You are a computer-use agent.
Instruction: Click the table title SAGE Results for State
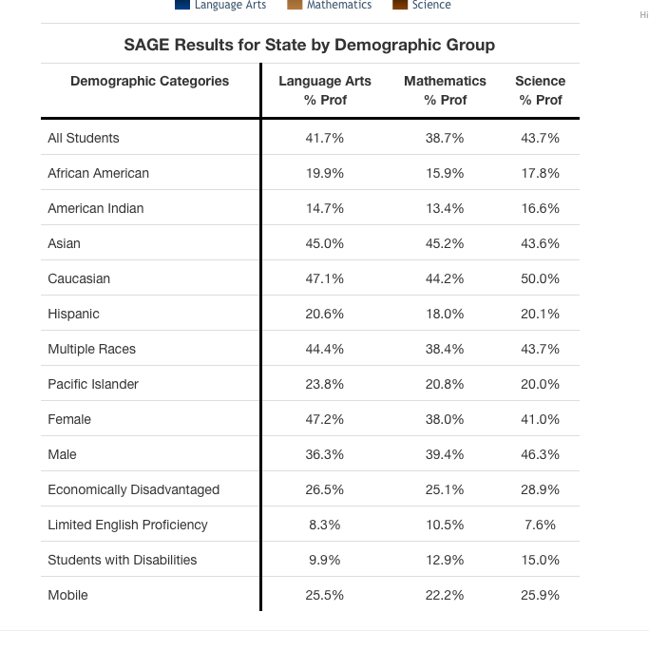[x=310, y=45]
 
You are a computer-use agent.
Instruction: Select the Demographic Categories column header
[x=149, y=82]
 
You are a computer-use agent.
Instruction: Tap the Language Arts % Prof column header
[x=325, y=90]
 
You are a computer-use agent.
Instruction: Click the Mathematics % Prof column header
[x=445, y=90]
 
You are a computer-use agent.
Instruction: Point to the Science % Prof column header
[x=540, y=90]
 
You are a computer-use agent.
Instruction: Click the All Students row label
[x=84, y=138]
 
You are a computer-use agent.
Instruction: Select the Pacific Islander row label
[x=93, y=384]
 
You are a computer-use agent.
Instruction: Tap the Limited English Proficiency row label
[x=127, y=525]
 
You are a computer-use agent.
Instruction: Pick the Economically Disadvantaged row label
[x=133, y=489]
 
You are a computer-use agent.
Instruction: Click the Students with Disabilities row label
[x=123, y=560]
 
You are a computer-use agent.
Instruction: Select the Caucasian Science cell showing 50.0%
[x=540, y=278]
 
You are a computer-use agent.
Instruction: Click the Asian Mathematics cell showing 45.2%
[x=445, y=243]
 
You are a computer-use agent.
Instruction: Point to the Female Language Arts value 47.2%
[x=325, y=419]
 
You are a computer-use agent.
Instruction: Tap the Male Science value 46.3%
[x=540, y=454]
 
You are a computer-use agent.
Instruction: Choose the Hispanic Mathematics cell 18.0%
[x=445, y=314]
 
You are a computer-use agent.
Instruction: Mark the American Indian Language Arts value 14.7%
[x=325, y=208]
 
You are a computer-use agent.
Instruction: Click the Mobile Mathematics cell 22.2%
[x=445, y=595]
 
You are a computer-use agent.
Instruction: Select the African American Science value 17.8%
[x=540, y=173]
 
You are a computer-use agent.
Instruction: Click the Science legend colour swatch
[x=399, y=5]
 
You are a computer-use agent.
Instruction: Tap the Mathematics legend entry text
[x=339, y=5]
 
